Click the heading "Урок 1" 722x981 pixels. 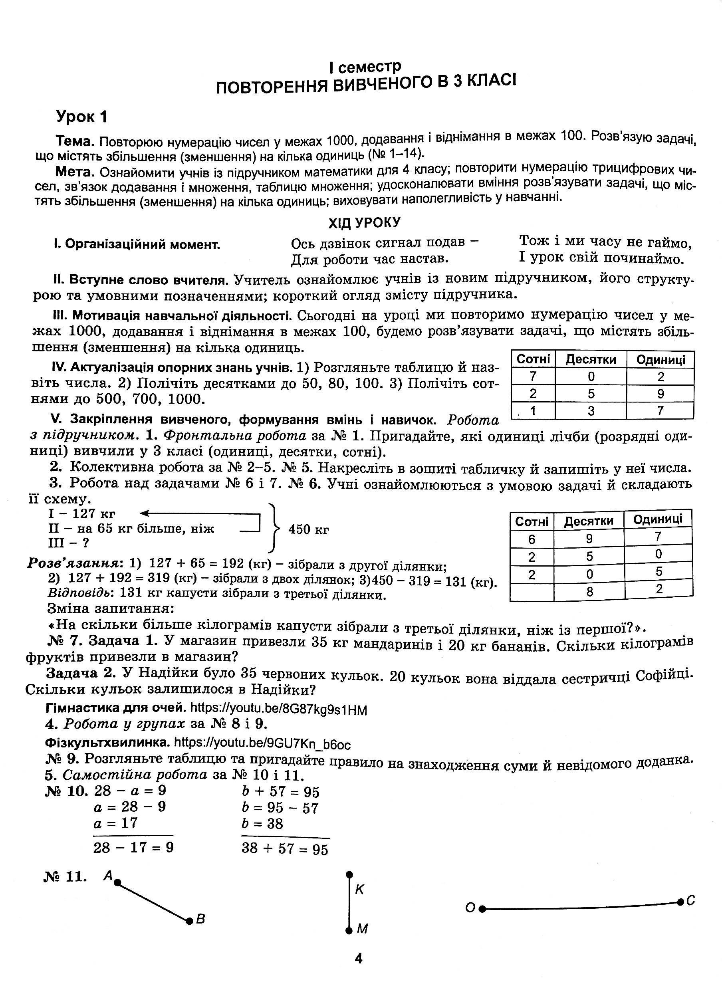(82, 117)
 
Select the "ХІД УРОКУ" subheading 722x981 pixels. (365, 223)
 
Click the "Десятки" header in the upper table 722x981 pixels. (591, 360)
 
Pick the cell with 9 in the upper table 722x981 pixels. (661, 394)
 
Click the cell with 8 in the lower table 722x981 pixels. (589, 592)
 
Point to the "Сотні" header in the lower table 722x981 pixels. (532, 521)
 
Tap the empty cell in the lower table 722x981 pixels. (532, 592)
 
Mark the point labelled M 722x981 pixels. (349, 930)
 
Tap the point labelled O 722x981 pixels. (482, 909)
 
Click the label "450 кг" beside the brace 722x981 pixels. (309, 530)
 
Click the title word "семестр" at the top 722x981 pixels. (370, 67)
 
